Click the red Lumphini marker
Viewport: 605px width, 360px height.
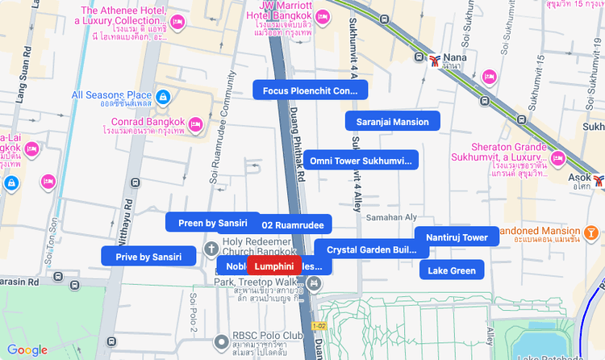274,266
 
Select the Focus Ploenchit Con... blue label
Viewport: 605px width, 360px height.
311,90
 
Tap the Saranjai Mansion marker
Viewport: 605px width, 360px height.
392,122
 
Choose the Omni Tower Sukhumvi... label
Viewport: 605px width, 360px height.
361,161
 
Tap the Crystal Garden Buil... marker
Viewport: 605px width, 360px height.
371,250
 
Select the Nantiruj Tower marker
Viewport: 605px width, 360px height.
457,237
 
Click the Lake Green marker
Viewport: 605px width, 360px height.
452,270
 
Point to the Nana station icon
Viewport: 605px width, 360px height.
436,59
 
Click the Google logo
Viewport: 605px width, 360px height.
27,350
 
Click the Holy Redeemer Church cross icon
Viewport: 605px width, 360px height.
211,248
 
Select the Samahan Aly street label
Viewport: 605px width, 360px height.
391,217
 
